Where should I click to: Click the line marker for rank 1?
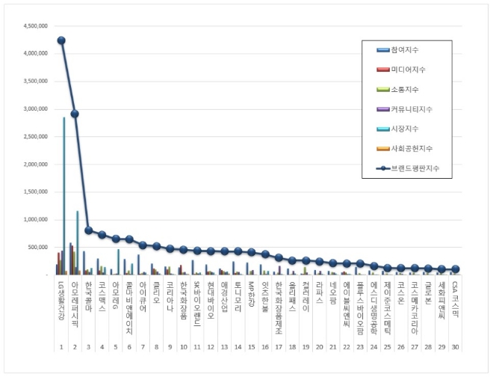pos(61,40)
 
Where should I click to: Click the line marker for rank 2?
pos(75,114)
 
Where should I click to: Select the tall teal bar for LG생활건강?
pos(64,196)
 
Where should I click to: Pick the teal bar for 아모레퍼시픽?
pos(77,242)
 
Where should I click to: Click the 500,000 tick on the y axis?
pos(40,247)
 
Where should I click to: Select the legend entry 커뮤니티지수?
pos(409,109)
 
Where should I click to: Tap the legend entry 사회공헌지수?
pos(409,149)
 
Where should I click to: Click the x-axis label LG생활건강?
pos(61,299)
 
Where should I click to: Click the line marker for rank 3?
pos(89,230)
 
